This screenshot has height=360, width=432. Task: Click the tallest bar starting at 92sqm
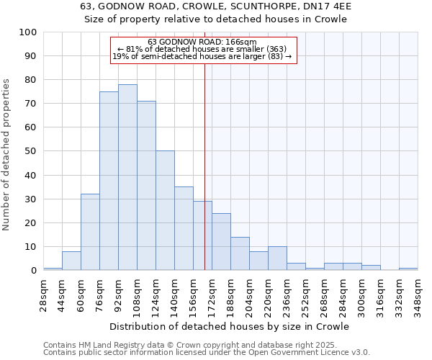pos(127,177)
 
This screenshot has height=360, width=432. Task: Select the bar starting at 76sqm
pos(109,181)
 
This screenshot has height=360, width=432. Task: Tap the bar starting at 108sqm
pos(146,186)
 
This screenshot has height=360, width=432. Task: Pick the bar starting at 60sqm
pos(90,232)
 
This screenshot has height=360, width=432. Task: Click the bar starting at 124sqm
pos(165,210)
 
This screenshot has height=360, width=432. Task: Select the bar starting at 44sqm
pos(71,261)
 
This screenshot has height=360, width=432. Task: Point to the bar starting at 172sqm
pos(221,242)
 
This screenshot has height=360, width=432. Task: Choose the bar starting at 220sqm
pos(277,258)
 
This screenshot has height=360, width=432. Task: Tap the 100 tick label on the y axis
pos(28,32)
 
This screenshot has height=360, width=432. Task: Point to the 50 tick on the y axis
pos(31,151)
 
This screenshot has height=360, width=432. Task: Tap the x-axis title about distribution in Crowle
pos(229,326)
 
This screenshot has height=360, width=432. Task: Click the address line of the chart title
pos(216,6)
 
